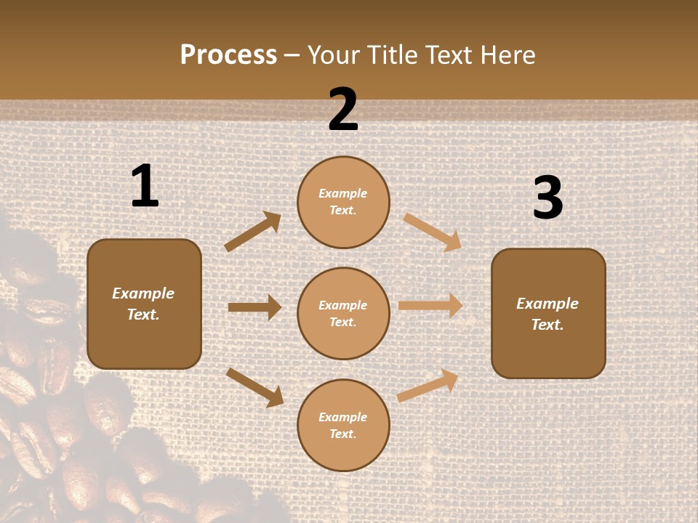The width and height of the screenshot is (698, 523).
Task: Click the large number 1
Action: (x=145, y=187)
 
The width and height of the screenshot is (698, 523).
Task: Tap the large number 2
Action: (x=343, y=110)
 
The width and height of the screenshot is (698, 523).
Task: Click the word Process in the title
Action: (x=228, y=54)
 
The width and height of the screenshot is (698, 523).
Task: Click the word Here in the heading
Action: (x=508, y=54)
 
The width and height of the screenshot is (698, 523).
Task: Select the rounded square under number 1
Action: (x=144, y=304)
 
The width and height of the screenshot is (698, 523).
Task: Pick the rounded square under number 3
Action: (x=548, y=313)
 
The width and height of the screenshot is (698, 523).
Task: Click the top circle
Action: (x=343, y=202)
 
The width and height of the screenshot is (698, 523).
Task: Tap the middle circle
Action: (x=343, y=313)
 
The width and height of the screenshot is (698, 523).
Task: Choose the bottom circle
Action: (x=343, y=425)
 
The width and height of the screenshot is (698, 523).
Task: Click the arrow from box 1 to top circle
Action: (x=252, y=232)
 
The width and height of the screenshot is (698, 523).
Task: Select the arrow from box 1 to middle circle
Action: (x=254, y=307)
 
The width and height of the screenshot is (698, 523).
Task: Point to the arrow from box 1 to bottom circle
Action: (x=254, y=386)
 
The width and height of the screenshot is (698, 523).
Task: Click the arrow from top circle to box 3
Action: (x=433, y=232)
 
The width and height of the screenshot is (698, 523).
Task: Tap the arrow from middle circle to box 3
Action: (x=430, y=306)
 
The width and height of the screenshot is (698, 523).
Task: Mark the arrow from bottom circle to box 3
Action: (x=428, y=385)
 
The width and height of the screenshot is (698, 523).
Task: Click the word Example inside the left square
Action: (x=143, y=293)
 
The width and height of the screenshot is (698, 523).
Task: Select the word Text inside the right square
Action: (x=547, y=325)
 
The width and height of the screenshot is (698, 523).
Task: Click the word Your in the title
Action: (x=332, y=54)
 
